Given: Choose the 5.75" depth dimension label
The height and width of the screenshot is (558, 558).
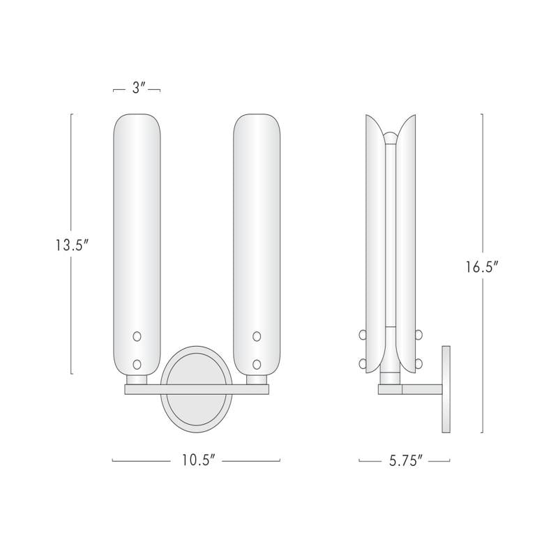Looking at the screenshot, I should pos(404,461).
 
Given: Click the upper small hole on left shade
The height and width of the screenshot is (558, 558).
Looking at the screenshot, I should pos(137,337).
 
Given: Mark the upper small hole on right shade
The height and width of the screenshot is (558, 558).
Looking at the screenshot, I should pos(257,337).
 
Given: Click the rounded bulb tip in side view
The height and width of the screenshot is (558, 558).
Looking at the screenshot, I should pos(392,137).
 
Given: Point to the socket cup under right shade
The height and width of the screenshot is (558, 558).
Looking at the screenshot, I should pos(257,379).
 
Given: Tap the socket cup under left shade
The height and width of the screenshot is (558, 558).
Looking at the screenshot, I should pos(137,379).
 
